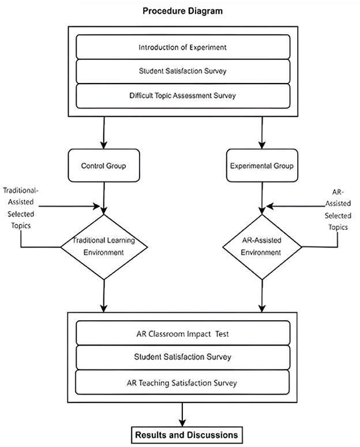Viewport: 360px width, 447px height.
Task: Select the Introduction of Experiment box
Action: click(183, 47)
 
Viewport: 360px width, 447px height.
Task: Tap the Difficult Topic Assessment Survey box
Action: click(183, 96)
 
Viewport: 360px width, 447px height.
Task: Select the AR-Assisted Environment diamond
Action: click(262, 247)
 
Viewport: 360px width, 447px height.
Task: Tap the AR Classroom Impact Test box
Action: click(183, 333)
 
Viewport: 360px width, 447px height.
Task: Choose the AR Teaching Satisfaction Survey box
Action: click(183, 382)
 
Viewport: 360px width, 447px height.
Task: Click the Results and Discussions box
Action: click(183, 433)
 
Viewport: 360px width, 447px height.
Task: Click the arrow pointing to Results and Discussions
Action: click(183, 412)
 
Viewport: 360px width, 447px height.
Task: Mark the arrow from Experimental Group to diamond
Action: click(262, 197)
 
